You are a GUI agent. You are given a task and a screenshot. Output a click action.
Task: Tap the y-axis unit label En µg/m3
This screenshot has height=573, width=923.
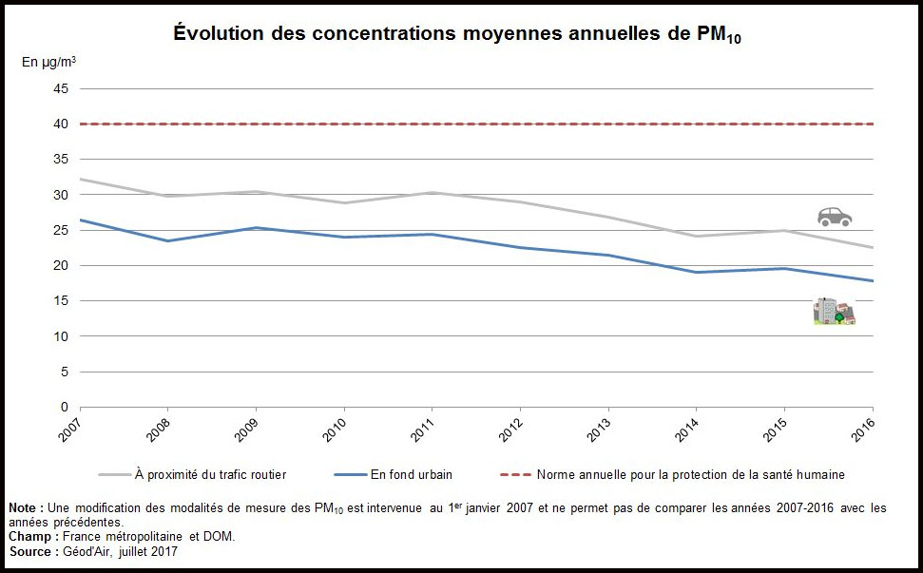49,62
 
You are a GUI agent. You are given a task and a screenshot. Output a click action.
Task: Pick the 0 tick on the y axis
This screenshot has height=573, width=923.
66,407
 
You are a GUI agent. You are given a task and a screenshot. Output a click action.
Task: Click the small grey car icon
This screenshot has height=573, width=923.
835,217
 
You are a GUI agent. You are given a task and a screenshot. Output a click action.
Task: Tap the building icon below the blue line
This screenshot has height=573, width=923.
834,311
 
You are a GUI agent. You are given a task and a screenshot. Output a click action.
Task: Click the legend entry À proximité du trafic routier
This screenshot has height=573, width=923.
210,474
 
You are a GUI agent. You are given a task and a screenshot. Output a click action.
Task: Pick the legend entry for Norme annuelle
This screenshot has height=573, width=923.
690,474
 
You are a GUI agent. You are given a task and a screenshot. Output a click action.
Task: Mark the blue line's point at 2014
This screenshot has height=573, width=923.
697,273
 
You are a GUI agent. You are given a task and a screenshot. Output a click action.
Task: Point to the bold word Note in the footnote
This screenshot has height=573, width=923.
24,508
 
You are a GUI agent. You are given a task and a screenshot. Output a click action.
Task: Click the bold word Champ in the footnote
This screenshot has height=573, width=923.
29,537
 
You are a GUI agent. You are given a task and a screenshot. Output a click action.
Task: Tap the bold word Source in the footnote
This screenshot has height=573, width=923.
31,551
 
